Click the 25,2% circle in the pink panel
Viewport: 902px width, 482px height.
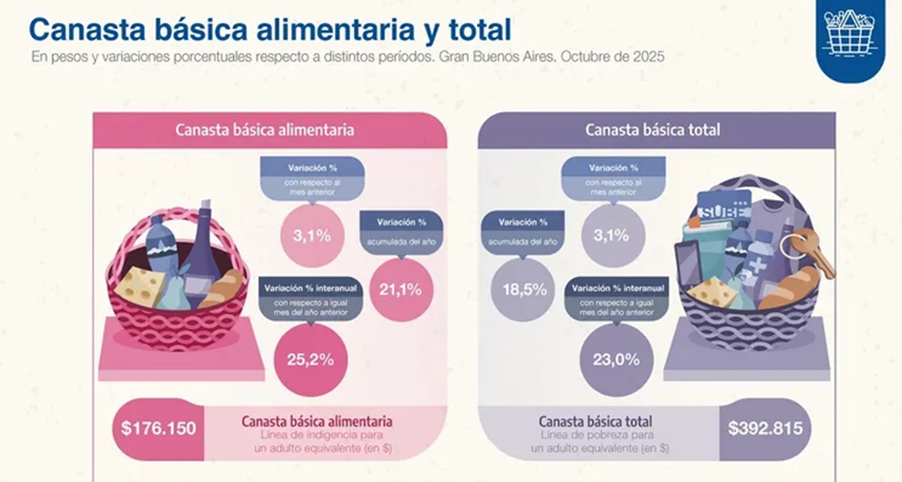coord(311,359)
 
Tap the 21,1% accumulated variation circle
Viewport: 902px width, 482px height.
coord(401,290)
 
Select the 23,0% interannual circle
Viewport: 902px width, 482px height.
coord(616,359)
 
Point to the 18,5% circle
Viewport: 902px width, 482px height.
coord(524,290)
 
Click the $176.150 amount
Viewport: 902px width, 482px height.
coord(159,428)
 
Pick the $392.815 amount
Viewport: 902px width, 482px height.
coord(765,428)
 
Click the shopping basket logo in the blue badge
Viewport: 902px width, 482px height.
coord(850,33)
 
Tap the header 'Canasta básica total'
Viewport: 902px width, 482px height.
coord(652,130)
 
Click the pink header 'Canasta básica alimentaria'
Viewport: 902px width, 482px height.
coord(265,130)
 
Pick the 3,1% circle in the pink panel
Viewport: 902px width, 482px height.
coord(312,236)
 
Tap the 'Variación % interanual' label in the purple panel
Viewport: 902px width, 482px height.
coord(618,288)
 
